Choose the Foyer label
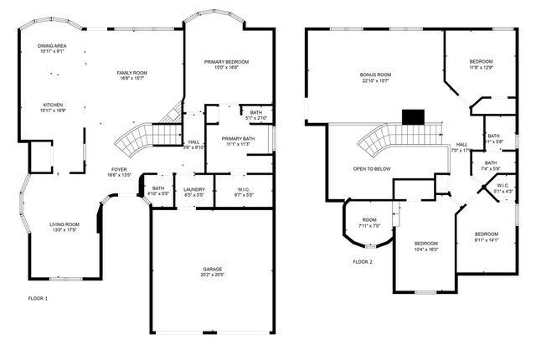(x=119, y=172)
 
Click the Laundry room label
(x=194, y=192)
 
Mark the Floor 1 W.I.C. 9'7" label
(x=244, y=192)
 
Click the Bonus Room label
(x=375, y=78)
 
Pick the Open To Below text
(x=372, y=168)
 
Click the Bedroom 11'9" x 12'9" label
(x=481, y=64)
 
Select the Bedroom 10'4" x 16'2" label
(x=426, y=245)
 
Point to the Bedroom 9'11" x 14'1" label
(x=486, y=236)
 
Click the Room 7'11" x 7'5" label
(x=369, y=223)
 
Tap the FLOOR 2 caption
(x=363, y=262)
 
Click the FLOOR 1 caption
(x=39, y=297)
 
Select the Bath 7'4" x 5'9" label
(x=490, y=166)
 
